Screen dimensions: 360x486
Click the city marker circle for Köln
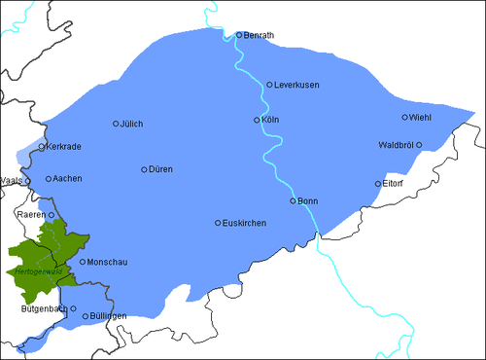click(257, 120)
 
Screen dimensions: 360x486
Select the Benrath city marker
click(239, 36)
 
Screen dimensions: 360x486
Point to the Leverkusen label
click(297, 86)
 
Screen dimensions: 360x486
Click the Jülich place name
click(132, 124)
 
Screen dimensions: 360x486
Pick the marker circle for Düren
click(144, 169)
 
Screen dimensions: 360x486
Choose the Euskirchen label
click(244, 224)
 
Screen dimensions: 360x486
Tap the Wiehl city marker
click(405, 118)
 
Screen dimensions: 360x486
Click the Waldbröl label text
click(397, 145)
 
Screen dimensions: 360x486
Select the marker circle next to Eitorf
click(378, 183)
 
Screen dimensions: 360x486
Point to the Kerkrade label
click(64, 148)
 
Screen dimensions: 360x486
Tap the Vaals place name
click(12, 180)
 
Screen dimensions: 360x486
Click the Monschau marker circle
click(83, 262)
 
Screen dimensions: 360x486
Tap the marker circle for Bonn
click(293, 200)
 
